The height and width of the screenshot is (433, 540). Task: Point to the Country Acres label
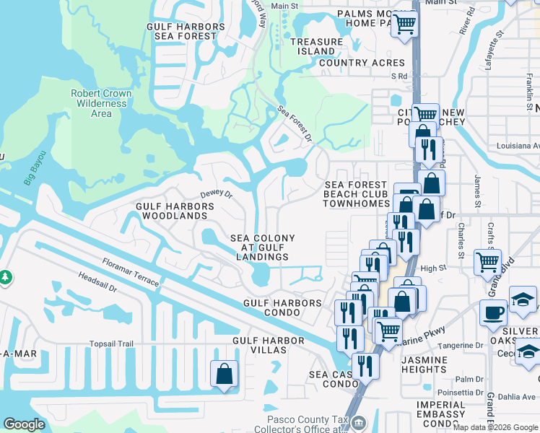point(352,63)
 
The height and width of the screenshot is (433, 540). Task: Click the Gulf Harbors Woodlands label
point(175,211)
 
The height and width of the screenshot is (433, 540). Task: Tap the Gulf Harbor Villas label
point(269,345)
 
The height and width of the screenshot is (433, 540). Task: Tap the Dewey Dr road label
point(216,194)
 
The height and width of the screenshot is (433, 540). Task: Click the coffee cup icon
point(494,312)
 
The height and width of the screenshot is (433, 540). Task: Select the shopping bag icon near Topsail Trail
point(224,373)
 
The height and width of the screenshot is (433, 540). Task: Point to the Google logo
point(25,424)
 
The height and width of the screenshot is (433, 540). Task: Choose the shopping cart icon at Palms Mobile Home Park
point(405,24)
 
